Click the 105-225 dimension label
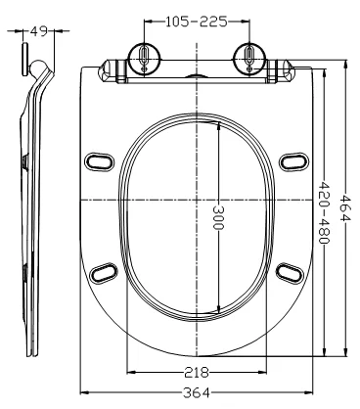(197, 22)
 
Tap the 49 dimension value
(39, 31)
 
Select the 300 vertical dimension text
(218, 217)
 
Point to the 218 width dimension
(197, 372)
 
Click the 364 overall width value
(197, 392)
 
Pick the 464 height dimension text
(345, 207)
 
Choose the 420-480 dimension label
(324, 212)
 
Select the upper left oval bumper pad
(100, 161)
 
